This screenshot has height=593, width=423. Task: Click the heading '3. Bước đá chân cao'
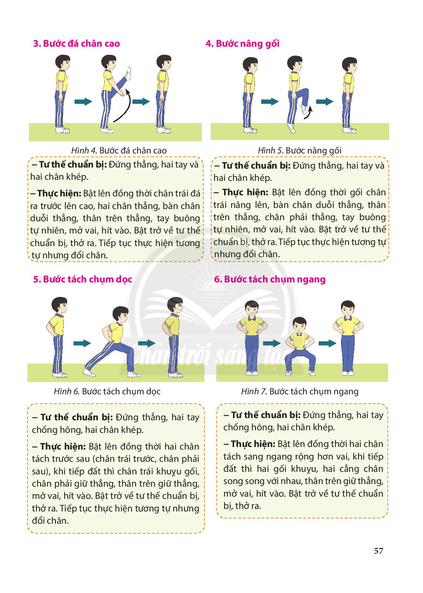pos(76,43)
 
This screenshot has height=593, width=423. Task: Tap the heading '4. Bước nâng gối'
pos(243,44)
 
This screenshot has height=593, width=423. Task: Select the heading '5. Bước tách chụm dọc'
pos(82,279)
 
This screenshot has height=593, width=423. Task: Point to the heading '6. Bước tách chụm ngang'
pos(269,279)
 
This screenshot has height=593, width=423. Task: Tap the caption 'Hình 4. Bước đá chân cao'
pos(119,150)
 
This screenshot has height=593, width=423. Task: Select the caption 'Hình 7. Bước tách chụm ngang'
pos(300,391)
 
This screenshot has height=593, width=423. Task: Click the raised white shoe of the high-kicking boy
pos(128,74)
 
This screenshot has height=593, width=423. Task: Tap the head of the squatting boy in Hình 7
pos(299,325)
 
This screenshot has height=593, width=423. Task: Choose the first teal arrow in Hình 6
pos(82,343)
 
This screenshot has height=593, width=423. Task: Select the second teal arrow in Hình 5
pos(324,102)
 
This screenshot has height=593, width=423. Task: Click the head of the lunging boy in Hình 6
pos(121,315)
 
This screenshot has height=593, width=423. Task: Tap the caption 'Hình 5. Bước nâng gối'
pos(300,150)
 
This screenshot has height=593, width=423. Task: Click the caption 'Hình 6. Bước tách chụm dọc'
pos(107,391)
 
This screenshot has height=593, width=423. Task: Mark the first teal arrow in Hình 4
pos(83,102)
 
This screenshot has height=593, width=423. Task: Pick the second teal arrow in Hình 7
pos(327,343)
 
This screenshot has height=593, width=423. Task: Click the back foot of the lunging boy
pos(89,372)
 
